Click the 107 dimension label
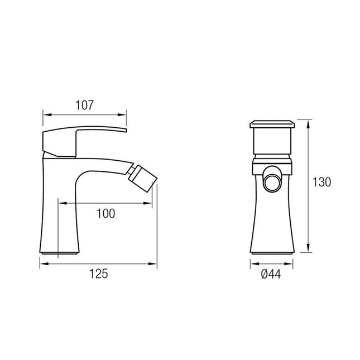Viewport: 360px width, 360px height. tap(85, 105)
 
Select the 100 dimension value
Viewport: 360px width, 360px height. tap(106, 214)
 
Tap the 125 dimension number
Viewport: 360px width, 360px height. tap(98, 273)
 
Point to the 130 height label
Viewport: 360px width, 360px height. tap(321, 183)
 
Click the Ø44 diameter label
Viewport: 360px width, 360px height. tap(271, 274)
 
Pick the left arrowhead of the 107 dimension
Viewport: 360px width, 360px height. tap(47, 114)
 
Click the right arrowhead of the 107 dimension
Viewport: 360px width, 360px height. tap(122, 114)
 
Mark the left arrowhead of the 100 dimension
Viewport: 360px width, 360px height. tap(63, 203)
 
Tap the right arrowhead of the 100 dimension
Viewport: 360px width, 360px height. tap(147, 203)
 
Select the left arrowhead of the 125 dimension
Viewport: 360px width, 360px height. tap(44, 264)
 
